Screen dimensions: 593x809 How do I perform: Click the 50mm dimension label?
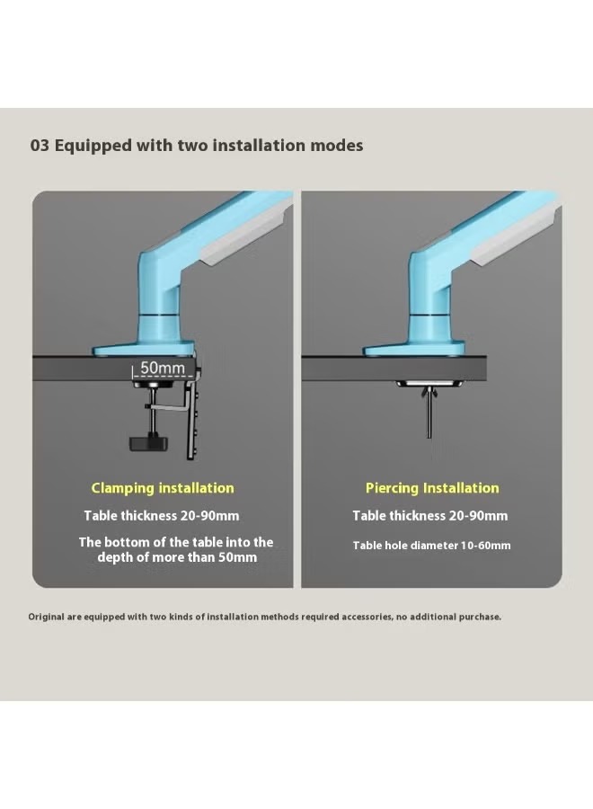pyautogui.click(x=163, y=368)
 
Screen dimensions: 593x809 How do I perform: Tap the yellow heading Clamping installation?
pyautogui.click(x=163, y=488)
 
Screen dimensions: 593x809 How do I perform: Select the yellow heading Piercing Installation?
pyautogui.click(x=432, y=488)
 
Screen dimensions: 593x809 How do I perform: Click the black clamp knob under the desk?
pyautogui.click(x=149, y=442)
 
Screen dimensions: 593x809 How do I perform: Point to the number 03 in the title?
pyautogui.click(x=40, y=146)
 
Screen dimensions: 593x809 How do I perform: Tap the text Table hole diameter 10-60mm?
pyautogui.click(x=431, y=546)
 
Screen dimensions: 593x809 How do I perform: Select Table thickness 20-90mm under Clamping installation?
pyautogui.click(x=162, y=516)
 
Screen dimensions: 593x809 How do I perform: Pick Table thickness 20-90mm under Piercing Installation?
pyautogui.click(x=430, y=516)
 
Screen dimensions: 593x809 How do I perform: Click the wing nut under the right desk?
pyautogui.click(x=429, y=395)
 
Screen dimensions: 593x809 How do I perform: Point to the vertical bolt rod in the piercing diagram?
pyautogui.click(x=429, y=418)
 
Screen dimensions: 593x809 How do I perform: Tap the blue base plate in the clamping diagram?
pyautogui.click(x=144, y=351)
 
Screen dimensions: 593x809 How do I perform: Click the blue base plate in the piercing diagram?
pyautogui.click(x=414, y=351)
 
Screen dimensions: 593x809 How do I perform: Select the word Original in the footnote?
pyautogui.click(x=47, y=617)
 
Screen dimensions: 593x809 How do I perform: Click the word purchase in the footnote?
pyautogui.click(x=480, y=617)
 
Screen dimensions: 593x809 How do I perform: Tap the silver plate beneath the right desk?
pyautogui.click(x=429, y=385)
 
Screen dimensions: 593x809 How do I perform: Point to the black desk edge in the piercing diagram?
pyautogui.click(x=394, y=368)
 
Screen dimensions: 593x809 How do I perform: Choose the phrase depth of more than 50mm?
pyautogui.click(x=177, y=557)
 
